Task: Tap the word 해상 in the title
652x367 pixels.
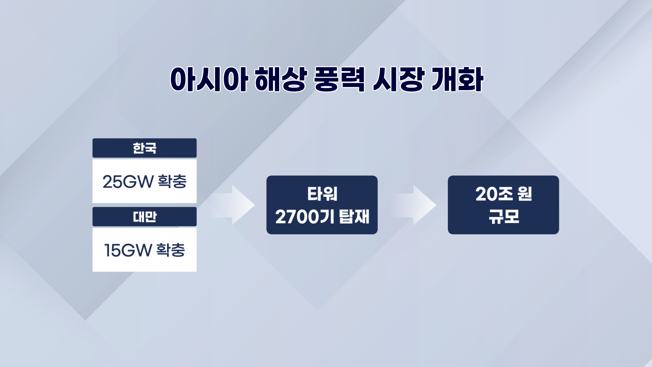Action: pos(281,80)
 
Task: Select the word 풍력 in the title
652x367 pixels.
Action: pos(339,80)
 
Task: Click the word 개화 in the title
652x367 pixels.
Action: pos(457,80)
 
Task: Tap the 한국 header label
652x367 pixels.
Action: pos(145,148)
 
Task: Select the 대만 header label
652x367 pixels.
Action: pos(145,217)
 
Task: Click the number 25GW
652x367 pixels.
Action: pos(128,182)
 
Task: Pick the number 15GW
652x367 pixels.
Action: pos(128,250)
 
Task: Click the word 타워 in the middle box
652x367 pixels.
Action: pos(322,194)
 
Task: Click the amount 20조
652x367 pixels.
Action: pos(494,194)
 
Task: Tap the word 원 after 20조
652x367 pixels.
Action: pos(525,194)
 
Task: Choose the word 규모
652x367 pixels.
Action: pos(504,216)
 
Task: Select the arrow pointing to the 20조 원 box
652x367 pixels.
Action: pos(413,205)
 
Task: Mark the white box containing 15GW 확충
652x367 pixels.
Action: pos(145,250)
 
